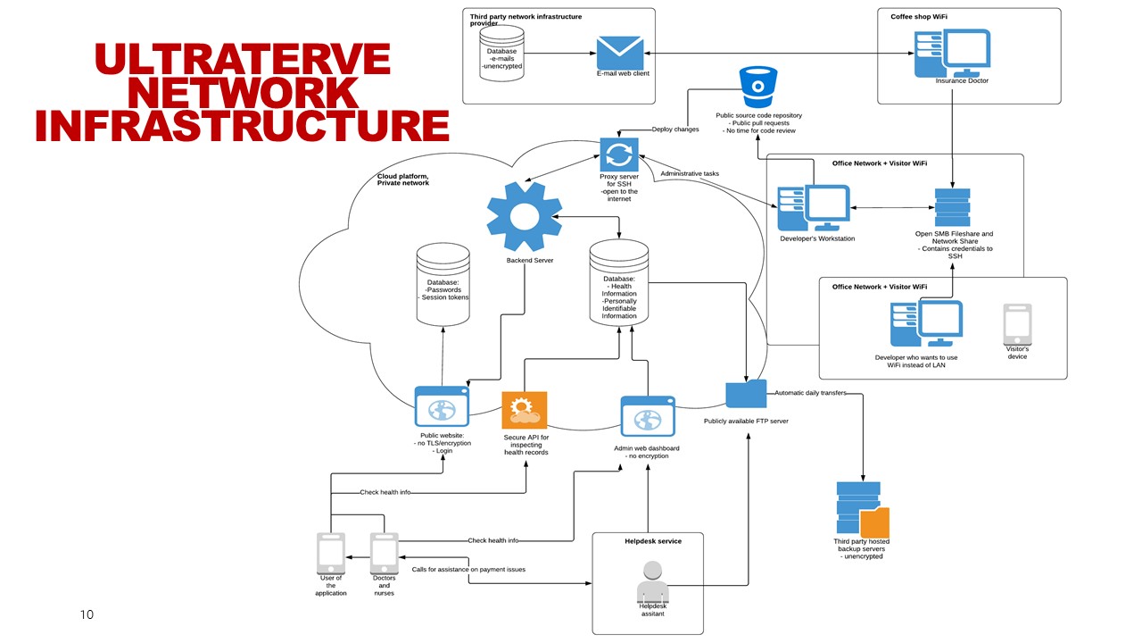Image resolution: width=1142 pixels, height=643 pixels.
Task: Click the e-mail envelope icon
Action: [619, 53]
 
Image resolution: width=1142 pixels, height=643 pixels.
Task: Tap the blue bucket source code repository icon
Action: [758, 87]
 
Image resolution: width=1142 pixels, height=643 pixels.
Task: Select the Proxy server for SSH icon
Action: [619, 154]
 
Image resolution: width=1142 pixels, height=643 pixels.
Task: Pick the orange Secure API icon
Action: [525, 411]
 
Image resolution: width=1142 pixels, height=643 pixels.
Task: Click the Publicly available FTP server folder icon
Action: [746, 395]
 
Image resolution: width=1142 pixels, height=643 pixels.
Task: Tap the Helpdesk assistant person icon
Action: [653, 582]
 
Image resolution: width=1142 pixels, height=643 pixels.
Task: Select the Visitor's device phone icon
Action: [1017, 324]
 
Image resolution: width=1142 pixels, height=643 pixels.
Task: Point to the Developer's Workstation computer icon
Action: [814, 208]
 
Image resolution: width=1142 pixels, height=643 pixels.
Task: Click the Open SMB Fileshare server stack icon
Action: [952, 207]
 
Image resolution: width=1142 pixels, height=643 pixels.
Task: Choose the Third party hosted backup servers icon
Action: [861, 509]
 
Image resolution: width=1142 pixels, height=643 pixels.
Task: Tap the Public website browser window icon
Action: [442, 406]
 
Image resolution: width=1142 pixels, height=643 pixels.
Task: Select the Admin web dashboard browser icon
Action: [648, 417]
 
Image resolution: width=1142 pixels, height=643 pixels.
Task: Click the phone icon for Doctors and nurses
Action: [384, 553]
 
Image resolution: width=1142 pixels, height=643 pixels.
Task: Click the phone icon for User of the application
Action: [331, 553]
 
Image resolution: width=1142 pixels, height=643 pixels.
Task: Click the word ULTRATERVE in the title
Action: [242, 59]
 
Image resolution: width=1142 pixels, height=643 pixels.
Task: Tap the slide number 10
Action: [87, 614]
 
